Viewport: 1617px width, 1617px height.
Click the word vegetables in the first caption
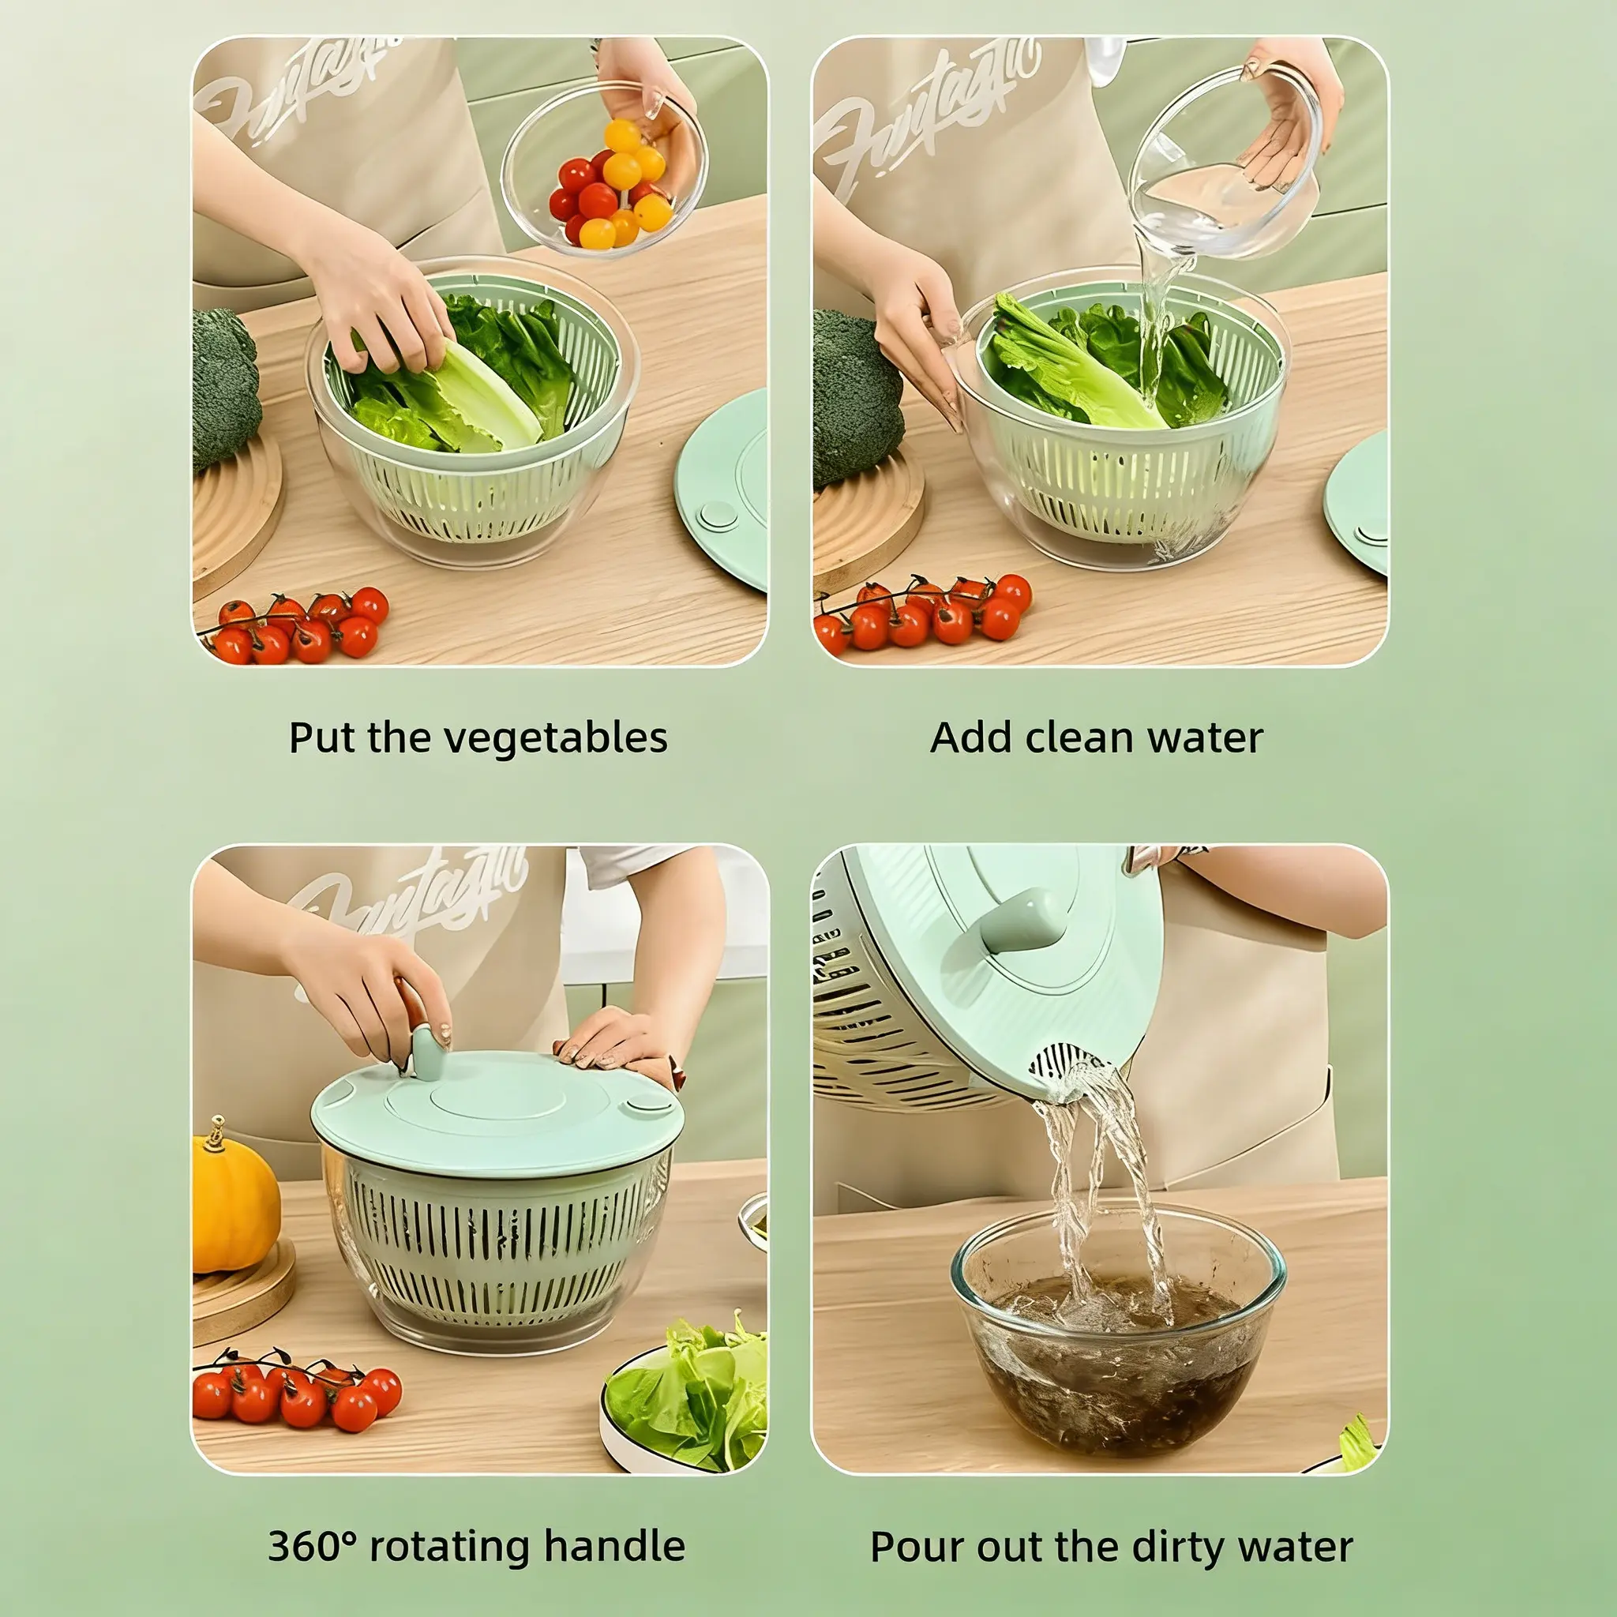pyautogui.click(x=555, y=738)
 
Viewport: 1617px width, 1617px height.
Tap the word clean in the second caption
pyautogui.click(x=1079, y=737)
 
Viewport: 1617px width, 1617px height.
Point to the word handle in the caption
pyautogui.click(x=614, y=1546)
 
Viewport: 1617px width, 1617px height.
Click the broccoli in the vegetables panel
pyautogui.click(x=225, y=388)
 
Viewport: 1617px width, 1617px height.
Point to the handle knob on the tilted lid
pyautogui.click(x=1022, y=921)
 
